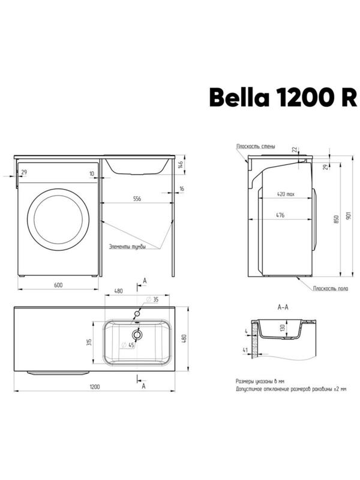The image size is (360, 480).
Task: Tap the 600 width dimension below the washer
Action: click(58, 284)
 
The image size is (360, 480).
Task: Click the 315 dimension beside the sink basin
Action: click(89, 341)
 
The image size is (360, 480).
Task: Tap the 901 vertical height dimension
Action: click(348, 216)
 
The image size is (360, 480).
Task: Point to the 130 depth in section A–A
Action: click(280, 328)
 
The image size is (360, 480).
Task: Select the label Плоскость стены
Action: click(256, 146)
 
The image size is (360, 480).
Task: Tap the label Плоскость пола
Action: click(331, 289)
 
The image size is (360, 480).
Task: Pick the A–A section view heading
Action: click(283, 307)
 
